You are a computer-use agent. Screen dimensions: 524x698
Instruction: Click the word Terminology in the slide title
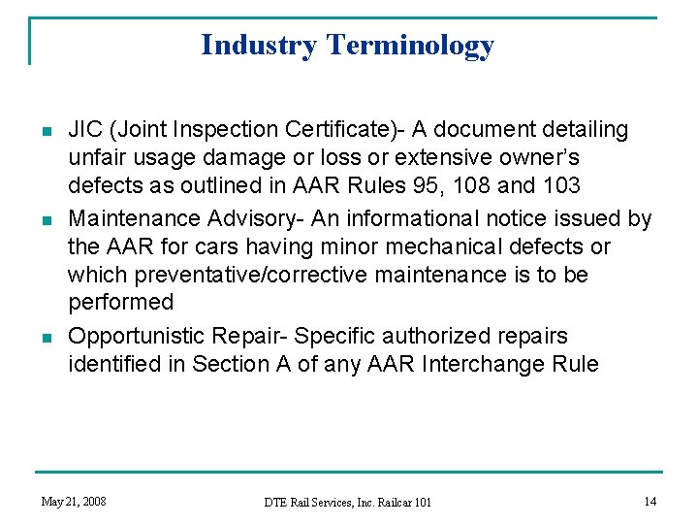click(x=410, y=46)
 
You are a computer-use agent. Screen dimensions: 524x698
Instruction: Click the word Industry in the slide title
click(x=260, y=46)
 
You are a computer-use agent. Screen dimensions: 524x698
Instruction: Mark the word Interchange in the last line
click(x=498, y=365)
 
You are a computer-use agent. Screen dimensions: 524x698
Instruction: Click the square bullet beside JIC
click(x=47, y=131)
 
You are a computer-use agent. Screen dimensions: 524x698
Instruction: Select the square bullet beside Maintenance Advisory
click(x=47, y=220)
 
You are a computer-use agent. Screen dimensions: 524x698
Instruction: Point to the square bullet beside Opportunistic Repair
click(x=47, y=338)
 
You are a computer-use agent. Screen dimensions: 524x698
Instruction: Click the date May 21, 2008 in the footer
click(x=74, y=502)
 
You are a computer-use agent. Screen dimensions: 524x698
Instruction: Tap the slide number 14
click(x=649, y=502)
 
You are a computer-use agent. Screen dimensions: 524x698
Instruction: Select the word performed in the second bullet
click(x=120, y=303)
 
